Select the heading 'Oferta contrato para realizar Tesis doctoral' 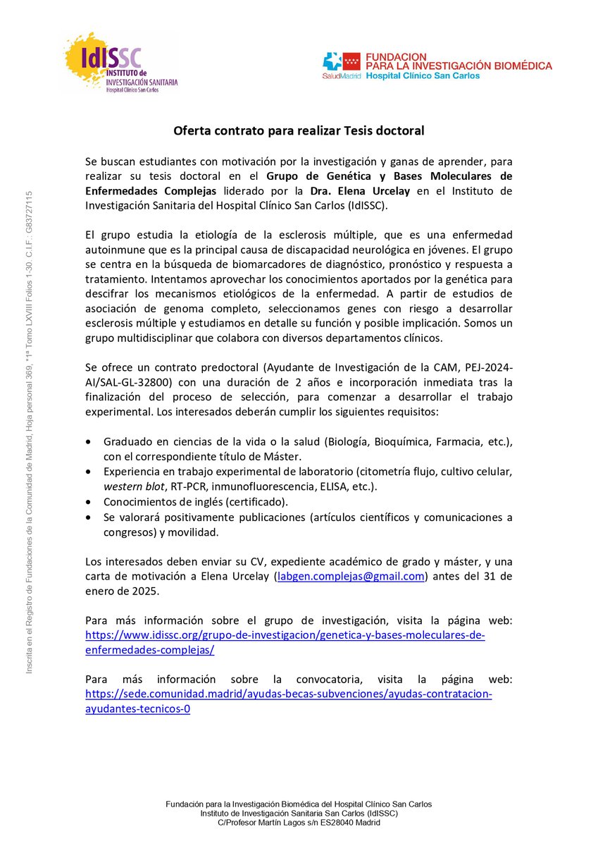(299, 130)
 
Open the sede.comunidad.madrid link (288, 694)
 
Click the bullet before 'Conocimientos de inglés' (87, 502)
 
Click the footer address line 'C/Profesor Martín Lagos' (299, 823)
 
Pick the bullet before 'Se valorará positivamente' (87, 517)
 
